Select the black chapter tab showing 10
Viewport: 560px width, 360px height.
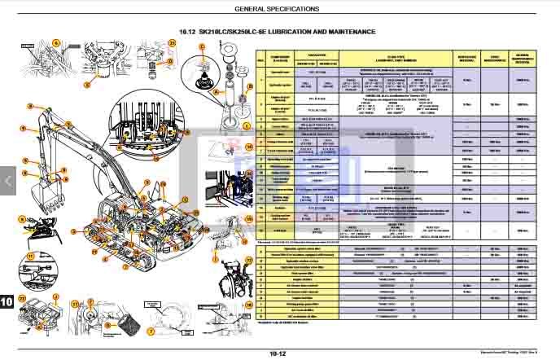(7, 302)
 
